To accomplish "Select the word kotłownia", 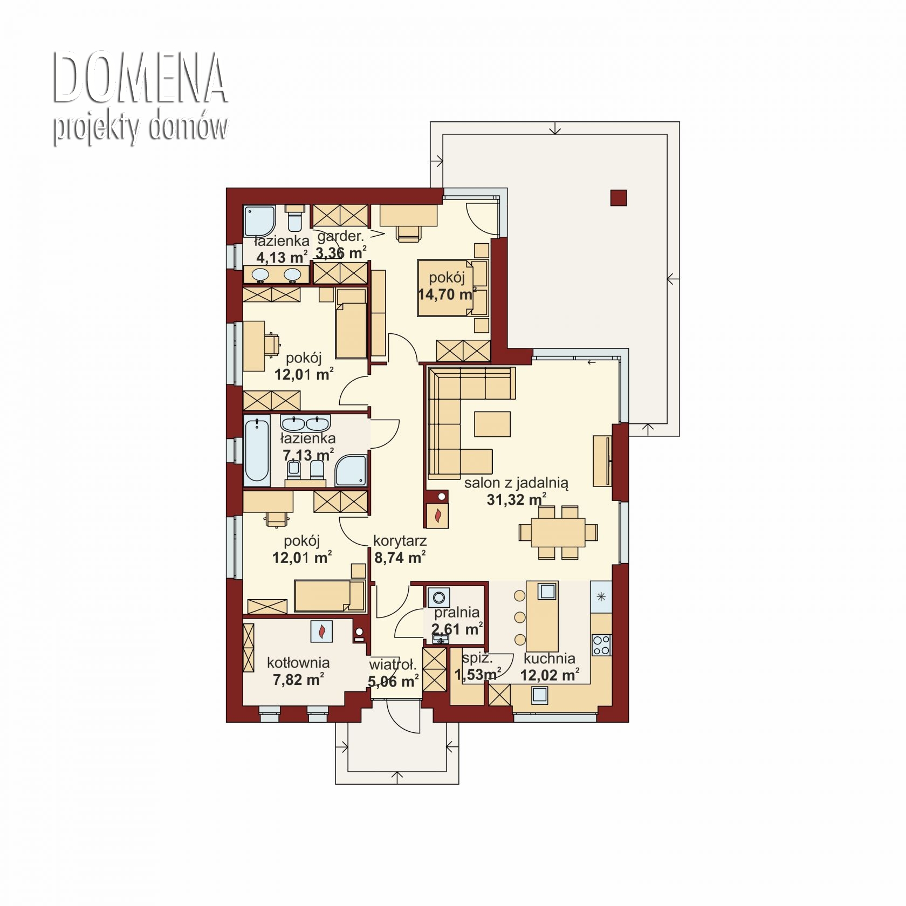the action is pyautogui.click(x=298, y=662).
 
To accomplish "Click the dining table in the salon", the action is pyautogui.click(x=558, y=532).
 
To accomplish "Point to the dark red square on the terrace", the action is pyautogui.click(x=619, y=198).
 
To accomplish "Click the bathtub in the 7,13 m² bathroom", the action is pyautogui.click(x=257, y=450).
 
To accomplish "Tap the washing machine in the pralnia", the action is pyautogui.click(x=439, y=598).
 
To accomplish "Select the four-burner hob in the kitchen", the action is pyautogui.click(x=601, y=644).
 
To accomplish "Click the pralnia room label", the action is pyautogui.click(x=457, y=612).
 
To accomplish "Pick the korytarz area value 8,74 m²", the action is pyautogui.click(x=400, y=557).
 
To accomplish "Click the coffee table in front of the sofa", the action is pyautogui.click(x=492, y=423).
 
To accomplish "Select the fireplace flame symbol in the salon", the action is pyautogui.click(x=438, y=516).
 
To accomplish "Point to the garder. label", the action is pyautogui.click(x=340, y=236).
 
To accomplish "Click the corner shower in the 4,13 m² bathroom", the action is pyautogui.click(x=259, y=221).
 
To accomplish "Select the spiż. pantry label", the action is pyautogui.click(x=477, y=658).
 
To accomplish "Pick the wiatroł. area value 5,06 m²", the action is pyautogui.click(x=393, y=681).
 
